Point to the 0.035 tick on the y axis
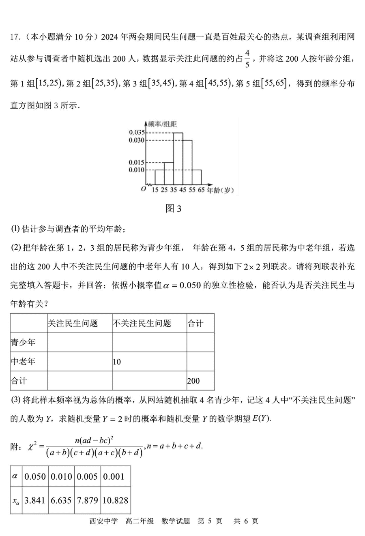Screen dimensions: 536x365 tap(137, 133)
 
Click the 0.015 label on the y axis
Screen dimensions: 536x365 tap(137, 163)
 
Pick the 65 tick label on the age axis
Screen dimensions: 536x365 tap(201, 190)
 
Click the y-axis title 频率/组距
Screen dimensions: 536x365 tap(163, 124)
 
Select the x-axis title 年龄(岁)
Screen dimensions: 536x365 tap(220, 190)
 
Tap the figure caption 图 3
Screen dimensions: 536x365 tap(174, 209)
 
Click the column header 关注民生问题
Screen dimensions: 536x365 tap(73, 323)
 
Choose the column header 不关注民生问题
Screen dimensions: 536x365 tap(142, 323)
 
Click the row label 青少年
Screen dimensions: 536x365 tap(23, 343)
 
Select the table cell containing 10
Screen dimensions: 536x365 tap(117, 362)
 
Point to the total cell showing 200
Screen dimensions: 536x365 tap(193, 381)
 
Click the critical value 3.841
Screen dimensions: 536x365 tap(35, 500)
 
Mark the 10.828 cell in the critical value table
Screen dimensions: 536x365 tap(115, 500)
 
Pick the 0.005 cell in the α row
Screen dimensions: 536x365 tap(88, 477)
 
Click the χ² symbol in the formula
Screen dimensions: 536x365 tap(32, 446)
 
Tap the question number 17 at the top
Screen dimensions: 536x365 tap(15, 37)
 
